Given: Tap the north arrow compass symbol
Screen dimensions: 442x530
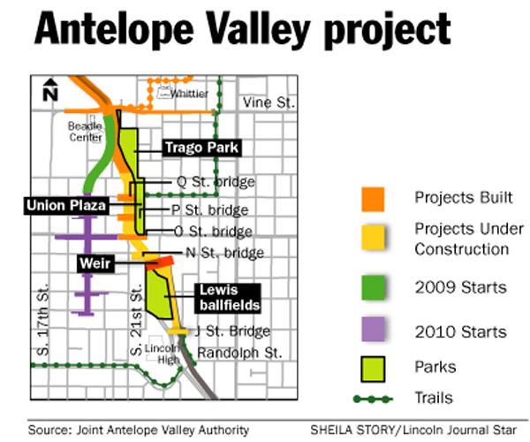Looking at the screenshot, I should pyautogui.click(x=50, y=88).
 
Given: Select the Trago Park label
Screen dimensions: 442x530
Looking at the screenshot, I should pyautogui.click(x=201, y=148).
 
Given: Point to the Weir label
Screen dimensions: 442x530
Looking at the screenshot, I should pyautogui.click(x=93, y=263).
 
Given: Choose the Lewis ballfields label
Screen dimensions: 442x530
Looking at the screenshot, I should pyautogui.click(x=227, y=297).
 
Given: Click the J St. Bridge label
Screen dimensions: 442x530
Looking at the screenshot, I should pyautogui.click(x=225, y=332).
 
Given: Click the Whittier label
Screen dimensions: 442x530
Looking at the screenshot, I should pyautogui.click(x=190, y=94).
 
